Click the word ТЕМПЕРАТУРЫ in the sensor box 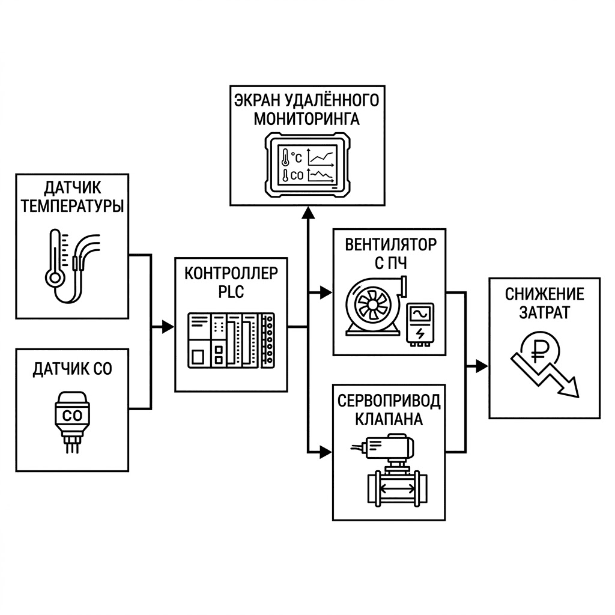[x=72, y=207]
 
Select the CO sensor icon [x=72, y=422]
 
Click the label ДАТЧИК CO [x=72, y=369]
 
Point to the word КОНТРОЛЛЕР [x=231, y=273]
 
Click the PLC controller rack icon [x=231, y=340]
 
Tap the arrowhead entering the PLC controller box [x=168, y=326]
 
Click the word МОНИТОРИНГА [x=307, y=119]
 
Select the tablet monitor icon [x=307, y=165]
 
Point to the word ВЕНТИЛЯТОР [x=390, y=245]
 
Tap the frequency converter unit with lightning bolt [x=420, y=324]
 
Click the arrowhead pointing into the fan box [x=326, y=292]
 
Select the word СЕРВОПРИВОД [x=389, y=401]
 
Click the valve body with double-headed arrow [x=398, y=488]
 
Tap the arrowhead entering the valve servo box [x=326, y=452]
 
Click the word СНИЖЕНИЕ [x=544, y=294]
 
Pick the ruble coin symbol [x=540, y=350]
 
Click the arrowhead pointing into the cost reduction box [x=482, y=366]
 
